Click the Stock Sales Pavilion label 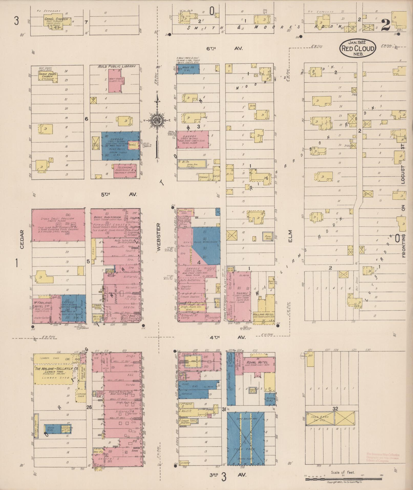click(x=57, y=219)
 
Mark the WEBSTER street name click(x=158, y=237)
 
